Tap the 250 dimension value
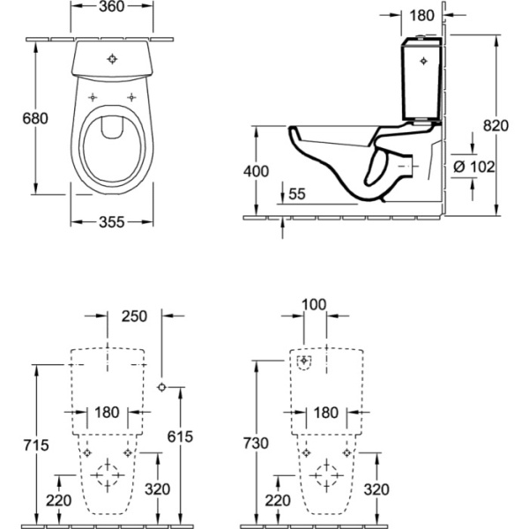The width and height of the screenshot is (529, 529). pos(133,315)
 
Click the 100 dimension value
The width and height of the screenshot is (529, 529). pos(313,305)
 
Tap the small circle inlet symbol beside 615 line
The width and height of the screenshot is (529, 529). pos(161,387)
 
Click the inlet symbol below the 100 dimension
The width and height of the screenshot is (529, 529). pos(305,361)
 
